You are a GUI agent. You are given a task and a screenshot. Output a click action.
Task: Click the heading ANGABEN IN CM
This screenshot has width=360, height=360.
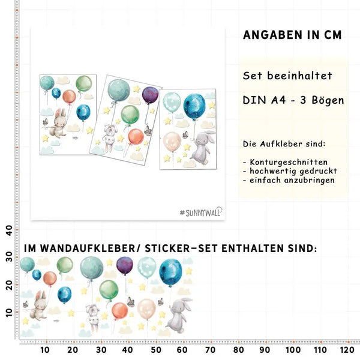(292, 35)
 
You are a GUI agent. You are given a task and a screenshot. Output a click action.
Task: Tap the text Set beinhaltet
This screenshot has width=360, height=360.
(287, 76)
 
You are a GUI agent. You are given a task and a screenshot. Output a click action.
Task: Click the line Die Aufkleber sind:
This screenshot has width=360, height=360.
(284, 145)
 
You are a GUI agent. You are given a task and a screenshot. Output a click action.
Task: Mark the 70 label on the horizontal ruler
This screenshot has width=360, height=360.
(210, 349)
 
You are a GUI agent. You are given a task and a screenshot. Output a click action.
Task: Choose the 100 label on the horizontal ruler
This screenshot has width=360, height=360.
(292, 349)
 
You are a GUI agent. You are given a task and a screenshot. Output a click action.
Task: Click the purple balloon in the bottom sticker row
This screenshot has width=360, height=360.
(124, 265)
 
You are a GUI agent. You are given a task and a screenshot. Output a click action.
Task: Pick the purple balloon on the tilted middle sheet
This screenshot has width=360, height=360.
(150, 95)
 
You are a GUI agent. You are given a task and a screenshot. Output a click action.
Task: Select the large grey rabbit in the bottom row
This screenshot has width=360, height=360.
(177, 314)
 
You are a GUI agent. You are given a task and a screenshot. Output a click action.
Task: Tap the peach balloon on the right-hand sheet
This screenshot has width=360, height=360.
(172, 142)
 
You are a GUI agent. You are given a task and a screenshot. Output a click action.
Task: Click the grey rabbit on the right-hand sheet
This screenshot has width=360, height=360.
(204, 148)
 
